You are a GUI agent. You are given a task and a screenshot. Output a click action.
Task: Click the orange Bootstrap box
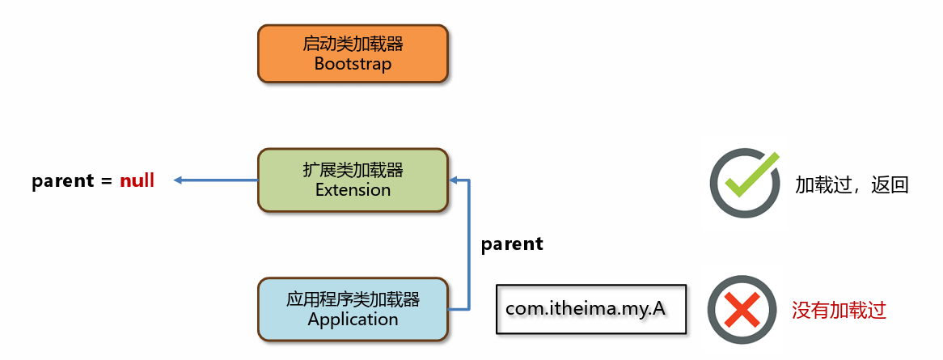(353, 53)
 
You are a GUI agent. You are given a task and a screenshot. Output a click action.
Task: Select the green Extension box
(353, 180)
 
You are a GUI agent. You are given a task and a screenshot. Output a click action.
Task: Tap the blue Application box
(353, 309)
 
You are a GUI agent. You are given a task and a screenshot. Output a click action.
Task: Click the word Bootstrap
(353, 64)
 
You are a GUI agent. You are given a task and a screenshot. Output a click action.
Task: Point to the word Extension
(353, 190)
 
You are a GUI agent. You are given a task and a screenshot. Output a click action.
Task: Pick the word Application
(353, 319)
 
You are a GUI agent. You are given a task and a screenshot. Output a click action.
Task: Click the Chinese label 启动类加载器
(353, 44)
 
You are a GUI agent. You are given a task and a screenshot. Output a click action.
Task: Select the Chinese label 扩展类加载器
(353, 171)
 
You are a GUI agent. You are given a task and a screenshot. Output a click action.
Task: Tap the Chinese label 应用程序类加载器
(353, 299)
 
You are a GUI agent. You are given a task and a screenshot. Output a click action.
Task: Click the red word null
(137, 180)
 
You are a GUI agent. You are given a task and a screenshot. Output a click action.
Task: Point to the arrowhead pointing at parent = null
(177, 180)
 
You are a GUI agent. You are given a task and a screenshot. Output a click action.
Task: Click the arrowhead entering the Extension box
(454, 180)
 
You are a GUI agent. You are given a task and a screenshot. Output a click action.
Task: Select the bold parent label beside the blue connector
(512, 244)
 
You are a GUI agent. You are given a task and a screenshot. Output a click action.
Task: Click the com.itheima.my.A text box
(590, 309)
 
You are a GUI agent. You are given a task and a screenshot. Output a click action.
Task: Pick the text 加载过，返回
(851, 184)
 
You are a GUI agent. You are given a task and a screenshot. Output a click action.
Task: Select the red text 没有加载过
(839, 311)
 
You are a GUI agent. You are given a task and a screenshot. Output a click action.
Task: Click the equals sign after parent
(107, 180)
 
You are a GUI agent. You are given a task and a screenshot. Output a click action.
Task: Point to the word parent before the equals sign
(63, 181)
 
